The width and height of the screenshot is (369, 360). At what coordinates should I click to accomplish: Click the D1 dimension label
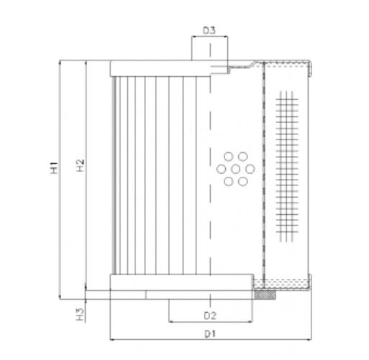(x=209, y=333)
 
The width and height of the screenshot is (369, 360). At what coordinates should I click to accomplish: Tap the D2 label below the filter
(x=209, y=315)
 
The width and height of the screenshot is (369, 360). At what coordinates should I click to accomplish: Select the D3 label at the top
(x=209, y=30)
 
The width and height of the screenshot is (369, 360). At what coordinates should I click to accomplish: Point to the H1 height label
(x=54, y=170)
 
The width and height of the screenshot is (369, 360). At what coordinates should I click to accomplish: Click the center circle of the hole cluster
(x=236, y=169)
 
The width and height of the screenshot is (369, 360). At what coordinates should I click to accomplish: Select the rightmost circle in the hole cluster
(x=250, y=169)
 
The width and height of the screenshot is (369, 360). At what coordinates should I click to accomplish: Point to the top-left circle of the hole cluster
(x=229, y=157)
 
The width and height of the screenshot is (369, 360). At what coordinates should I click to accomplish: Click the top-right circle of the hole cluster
(x=243, y=157)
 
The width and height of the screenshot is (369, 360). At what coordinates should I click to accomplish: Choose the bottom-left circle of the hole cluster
(x=229, y=181)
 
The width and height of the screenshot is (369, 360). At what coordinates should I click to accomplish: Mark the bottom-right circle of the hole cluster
(x=243, y=181)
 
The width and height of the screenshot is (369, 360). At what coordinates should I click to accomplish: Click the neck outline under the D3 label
(x=209, y=50)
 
